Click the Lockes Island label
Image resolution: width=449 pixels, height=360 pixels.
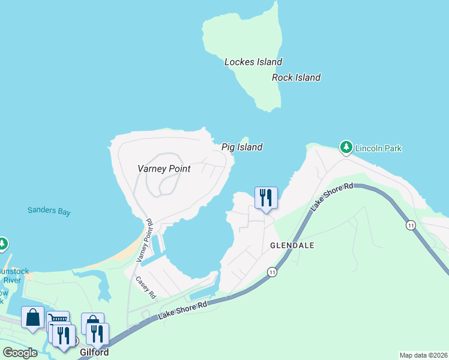pos(253,62)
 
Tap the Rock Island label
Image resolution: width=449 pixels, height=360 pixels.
pos(296,77)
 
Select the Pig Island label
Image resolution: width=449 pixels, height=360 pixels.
pos(242,147)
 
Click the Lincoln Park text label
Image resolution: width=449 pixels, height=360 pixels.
pos(378,148)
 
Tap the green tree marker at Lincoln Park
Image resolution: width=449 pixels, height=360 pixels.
pos(346,146)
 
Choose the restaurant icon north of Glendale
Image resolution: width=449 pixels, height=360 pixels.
pos(266,197)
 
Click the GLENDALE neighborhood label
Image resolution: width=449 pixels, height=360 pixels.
pos(292,246)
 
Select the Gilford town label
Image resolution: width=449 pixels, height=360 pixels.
pos(94,353)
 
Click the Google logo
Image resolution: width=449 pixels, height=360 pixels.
pos(20,353)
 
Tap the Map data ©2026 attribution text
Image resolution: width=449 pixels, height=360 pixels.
pos(423,355)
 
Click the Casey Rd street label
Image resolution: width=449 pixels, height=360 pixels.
pos(146,287)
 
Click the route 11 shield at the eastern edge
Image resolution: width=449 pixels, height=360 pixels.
pos(411,225)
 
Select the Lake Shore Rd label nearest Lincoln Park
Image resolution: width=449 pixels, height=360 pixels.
pos(333,197)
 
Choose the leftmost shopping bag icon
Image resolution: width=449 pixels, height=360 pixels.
pos(32,317)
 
